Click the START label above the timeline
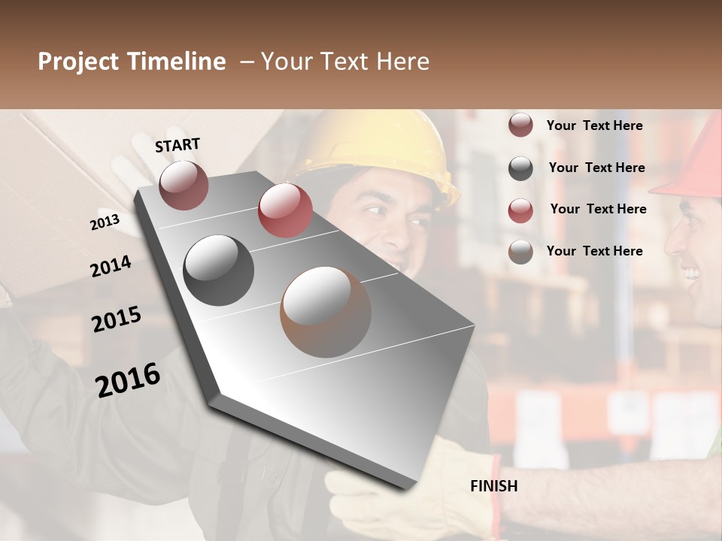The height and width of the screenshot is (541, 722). [177, 145]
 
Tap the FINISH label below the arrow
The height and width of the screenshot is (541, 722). [493, 486]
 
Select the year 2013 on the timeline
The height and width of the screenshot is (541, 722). [105, 222]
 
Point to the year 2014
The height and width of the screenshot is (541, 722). [111, 266]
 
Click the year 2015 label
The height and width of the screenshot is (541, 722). [117, 319]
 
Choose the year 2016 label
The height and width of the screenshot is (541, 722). [128, 380]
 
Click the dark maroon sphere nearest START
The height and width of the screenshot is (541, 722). [184, 185]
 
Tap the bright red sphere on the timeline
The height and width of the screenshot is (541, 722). [285, 210]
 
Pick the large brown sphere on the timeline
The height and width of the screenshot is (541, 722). [326, 312]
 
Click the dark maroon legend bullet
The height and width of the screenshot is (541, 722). [520, 125]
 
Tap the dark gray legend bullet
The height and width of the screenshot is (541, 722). [520, 168]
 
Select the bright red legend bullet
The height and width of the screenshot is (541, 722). [520, 210]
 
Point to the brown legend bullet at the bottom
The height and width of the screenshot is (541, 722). [520, 252]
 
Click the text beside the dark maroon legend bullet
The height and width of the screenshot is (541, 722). [594, 125]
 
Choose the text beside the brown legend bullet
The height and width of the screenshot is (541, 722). [594, 251]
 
